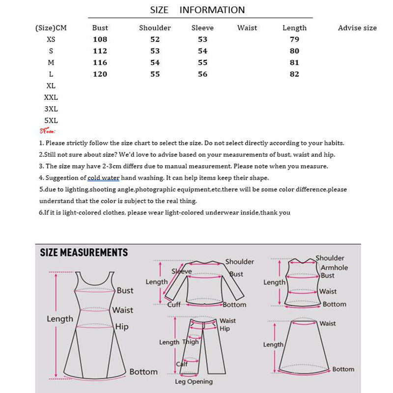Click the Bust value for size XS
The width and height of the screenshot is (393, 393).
pos(100,39)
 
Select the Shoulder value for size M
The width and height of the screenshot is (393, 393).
pos(155,62)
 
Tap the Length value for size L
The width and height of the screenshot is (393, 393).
pos(294,74)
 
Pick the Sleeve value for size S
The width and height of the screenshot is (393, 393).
pos(202,51)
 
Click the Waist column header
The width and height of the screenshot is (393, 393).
pos(247,28)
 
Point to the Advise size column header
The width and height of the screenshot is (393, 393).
pos(357,28)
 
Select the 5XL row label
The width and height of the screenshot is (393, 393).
pos(51,120)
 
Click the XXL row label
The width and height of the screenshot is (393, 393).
pos(51,98)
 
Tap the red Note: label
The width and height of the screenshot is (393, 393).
pos(48,131)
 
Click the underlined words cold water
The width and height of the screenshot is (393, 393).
pos(104,178)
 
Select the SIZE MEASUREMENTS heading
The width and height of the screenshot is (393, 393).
pos(84,253)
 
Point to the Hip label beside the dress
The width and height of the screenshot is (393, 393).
pos(122,327)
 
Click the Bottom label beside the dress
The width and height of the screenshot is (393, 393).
pos(143,372)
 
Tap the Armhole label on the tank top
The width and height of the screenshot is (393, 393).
pos(334,268)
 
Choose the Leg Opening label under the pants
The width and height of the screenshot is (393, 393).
pos(194,382)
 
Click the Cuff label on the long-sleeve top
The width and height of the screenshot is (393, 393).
pos(174,305)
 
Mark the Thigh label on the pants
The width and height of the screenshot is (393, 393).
pos(191,342)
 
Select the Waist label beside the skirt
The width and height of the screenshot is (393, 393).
pos(328,323)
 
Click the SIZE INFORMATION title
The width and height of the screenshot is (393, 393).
pos(197,10)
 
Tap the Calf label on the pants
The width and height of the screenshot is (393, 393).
pos(182,364)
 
